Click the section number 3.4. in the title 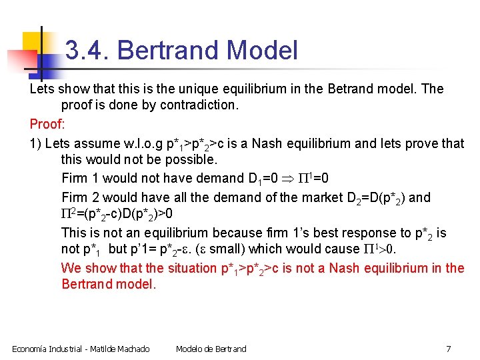tap(89, 50)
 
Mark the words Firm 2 tap(83, 197)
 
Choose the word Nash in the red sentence tap(363, 268)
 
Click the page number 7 tap(448, 349)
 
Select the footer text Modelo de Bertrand tap(211, 349)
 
